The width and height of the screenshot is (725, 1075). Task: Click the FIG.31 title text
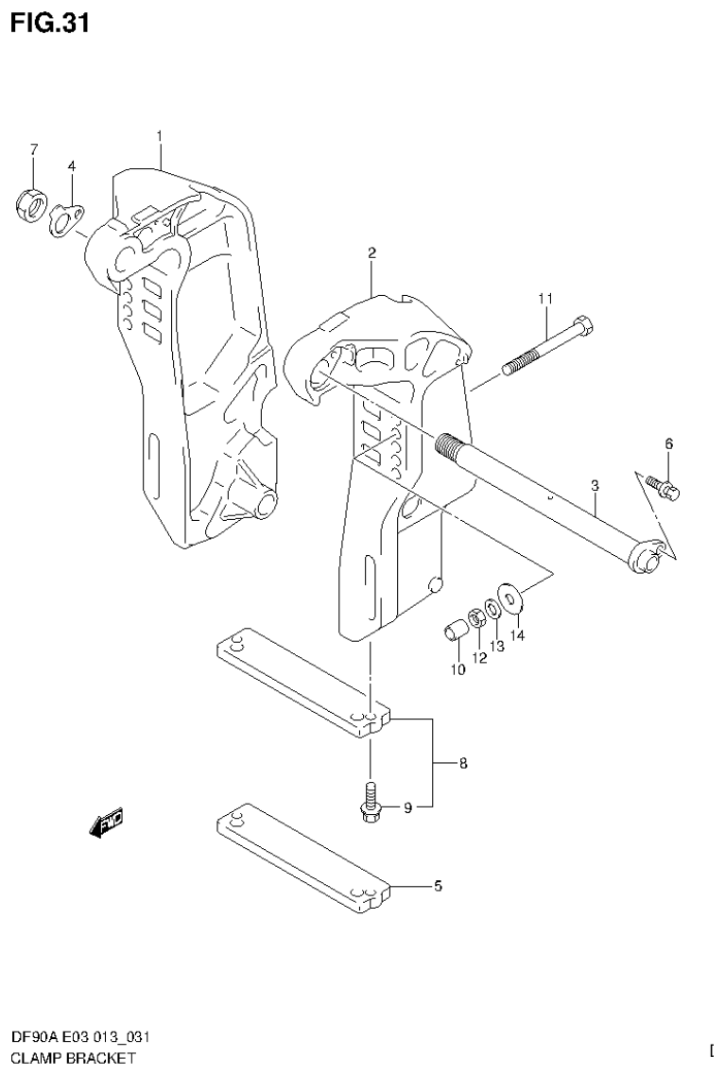[x=50, y=23]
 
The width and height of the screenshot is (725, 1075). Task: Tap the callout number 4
[x=97, y=166]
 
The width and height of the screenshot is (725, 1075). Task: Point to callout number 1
[x=160, y=136]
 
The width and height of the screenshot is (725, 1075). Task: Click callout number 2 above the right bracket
[x=371, y=252]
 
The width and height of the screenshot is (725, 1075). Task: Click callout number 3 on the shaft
[x=595, y=485]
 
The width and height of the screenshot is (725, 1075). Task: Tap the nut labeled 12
[x=477, y=617]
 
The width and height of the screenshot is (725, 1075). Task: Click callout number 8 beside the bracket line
[x=463, y=763]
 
